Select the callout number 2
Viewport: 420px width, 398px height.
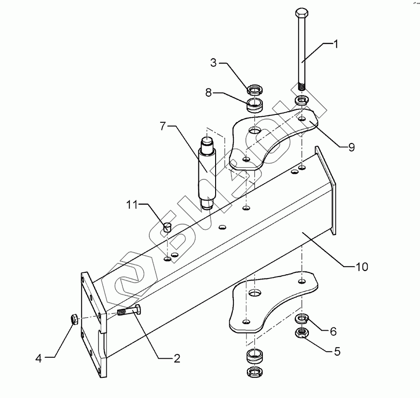[x=176, y=358]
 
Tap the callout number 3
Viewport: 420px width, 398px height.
[x=213, y=63]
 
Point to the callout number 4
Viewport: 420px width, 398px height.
[x=39, y=358]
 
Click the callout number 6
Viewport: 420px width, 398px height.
[x=333, y=331]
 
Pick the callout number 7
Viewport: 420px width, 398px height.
[x=162, y=126]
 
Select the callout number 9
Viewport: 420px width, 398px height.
[x=351, y=147]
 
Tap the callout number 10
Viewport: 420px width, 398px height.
[x=362, y=267]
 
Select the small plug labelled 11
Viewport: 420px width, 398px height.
[x=168, y=227]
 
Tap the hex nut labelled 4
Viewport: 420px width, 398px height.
[x=74, y=320]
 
